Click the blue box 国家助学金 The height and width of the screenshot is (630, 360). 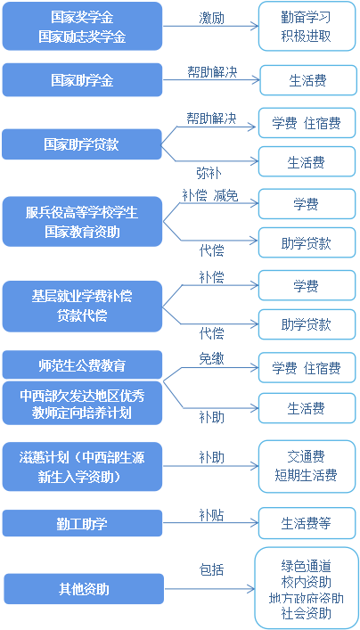[82, 79]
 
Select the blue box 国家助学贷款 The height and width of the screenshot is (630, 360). [82, 144]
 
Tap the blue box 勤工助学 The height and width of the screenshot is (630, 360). [82, 523]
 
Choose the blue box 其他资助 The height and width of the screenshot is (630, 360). [84, 589]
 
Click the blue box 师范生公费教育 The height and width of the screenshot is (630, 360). [82, 364]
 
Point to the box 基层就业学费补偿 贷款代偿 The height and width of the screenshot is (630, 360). [82, 307]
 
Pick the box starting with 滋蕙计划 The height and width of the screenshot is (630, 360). [82, 466]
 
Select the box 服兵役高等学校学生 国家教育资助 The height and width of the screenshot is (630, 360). [82, 221]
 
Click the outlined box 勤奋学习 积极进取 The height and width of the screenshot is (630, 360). [307, 26]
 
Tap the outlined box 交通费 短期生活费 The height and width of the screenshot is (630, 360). [307, 466]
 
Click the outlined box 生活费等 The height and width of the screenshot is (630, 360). [307, 523]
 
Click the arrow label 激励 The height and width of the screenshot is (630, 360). [212, 18]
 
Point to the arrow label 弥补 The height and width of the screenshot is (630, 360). [209, 173]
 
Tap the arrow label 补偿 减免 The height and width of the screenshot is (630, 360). [210, 195]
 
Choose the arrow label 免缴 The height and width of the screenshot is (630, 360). [212, 359]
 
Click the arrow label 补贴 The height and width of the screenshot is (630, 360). [212, 515]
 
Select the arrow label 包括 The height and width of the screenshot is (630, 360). [212, 569]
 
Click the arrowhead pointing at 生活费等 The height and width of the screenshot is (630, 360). [255, 523]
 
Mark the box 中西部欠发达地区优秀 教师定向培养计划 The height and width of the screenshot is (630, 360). [82, 403]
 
